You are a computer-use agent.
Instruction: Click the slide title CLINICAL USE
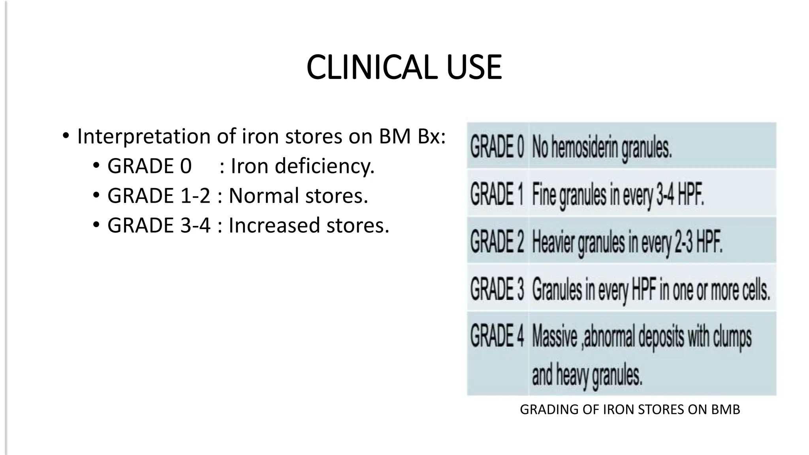404,68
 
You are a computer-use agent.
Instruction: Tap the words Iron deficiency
302,166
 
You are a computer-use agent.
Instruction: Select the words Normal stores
298,196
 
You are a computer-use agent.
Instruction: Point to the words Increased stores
309,225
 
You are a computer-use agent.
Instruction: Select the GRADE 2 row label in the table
497,241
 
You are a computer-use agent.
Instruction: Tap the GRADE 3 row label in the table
497,289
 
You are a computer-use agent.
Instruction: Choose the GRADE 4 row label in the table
497,336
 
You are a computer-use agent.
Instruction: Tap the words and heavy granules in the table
587,375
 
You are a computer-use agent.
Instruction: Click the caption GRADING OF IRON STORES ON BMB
630,410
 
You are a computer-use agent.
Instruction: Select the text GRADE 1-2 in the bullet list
159,196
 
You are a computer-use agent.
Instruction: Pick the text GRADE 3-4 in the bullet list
159,225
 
